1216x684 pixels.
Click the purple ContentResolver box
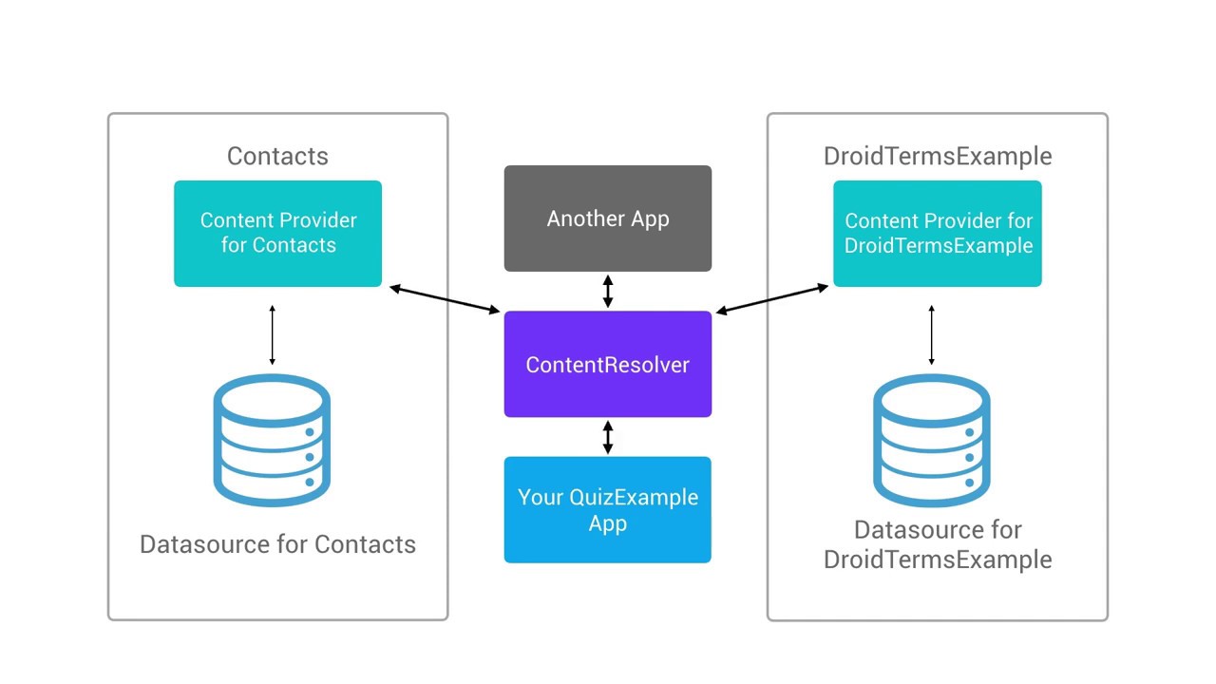pyautogui.click(x=607, y=364)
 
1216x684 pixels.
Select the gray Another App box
pyautogui.click(x=607, y=218)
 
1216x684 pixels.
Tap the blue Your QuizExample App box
pyautogui.click(x=607, y=510)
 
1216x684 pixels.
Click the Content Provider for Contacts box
pyautogui.click(x=277, y=234)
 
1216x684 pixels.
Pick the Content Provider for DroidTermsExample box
pyautogui.click(x=938, y=234)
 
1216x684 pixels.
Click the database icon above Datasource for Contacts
pyautogui.click(x=272, y=441)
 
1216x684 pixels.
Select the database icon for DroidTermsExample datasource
pyautogui.click(x=931, y=441)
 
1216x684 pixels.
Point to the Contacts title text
pyautogui.click(x=277, y=156)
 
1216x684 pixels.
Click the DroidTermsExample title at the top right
pyautogui.click(x=938, y=156)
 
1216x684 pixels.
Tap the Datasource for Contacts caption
pyautogui.click(x=277, y=544)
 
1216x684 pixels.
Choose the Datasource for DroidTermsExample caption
pyautogui.click(x=938, y=544)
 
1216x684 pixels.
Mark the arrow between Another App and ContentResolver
pyautogui.click(x=608, y=291)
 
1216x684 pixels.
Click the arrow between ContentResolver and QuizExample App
pyautogui.click(x=608, y=437)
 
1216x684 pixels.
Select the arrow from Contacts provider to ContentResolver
pyautogui.click(x=445, y=298)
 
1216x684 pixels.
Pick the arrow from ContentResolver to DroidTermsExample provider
pyautogui.click(x=771, y=298)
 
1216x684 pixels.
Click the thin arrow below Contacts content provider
pyautogui.click(x=272, y=335)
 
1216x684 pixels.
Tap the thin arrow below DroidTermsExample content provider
pyautogui.click(x=931, y=335)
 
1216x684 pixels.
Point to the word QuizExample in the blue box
pyautogui.click(x=634, y=498)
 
